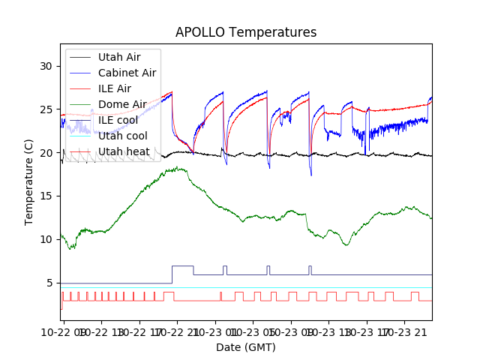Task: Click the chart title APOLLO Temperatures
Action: [246, 32]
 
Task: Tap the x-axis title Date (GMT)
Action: [246, 347]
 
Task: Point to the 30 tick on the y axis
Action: [47, 66]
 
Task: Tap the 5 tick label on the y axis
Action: [50, 283]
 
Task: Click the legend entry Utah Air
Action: [119, 57]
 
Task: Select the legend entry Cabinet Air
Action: [127, 73]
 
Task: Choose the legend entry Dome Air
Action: [122, 104]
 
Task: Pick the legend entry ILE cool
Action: [118, 120]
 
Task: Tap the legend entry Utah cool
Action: [122, 136]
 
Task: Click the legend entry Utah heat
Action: [122, 151]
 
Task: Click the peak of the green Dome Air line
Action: [177, 168]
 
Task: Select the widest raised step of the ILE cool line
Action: [182, 266]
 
